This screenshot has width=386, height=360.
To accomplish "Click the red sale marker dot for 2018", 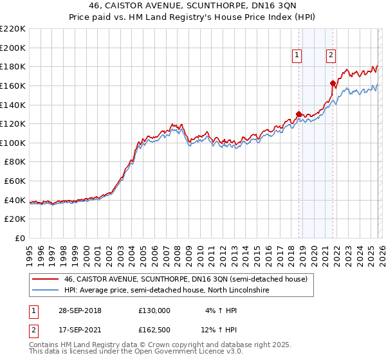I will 299,114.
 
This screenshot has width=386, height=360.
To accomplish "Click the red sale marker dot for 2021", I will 333,83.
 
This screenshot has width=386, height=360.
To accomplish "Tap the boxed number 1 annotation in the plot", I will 297,55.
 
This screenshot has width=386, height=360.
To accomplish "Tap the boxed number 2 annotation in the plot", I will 331,55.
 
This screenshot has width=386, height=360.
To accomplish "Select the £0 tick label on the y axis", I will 21,238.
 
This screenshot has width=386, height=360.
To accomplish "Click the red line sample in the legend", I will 45,280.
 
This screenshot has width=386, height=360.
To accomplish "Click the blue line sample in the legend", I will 45,291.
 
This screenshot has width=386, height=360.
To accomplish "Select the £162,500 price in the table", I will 154,332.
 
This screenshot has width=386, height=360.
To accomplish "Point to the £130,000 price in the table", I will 154,310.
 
